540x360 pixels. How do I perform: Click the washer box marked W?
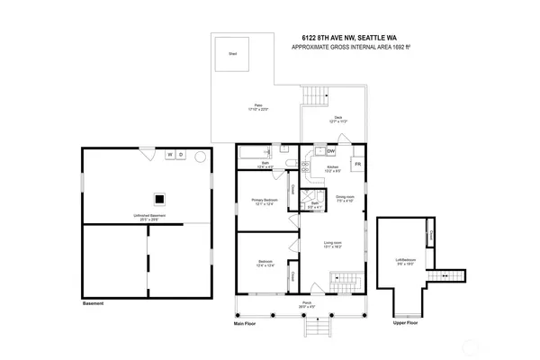point(168,155)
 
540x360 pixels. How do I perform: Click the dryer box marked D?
point(180,155)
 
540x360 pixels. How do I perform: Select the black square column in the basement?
point(158,200)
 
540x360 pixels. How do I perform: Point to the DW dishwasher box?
point(331,151)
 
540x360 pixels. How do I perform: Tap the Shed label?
point(232,53)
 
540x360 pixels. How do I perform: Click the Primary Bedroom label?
point(263,201)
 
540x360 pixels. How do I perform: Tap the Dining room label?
point(345,197)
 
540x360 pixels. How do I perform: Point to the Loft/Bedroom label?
point(401,263)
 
